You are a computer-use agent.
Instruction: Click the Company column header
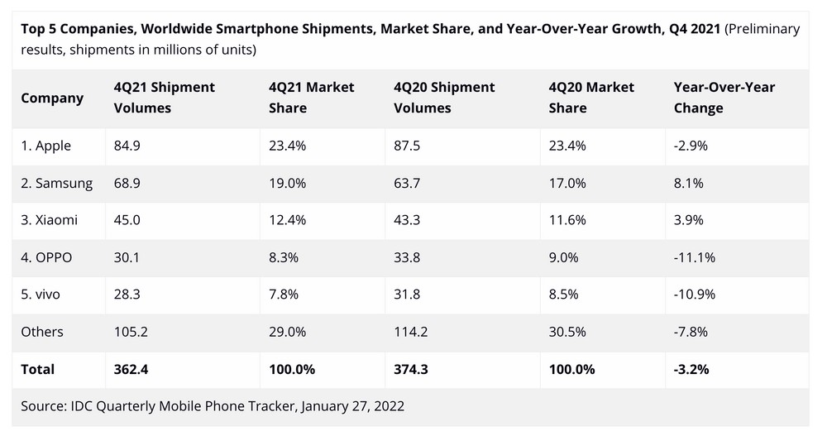point(52,98)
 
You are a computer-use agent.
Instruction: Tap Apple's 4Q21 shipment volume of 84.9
point(128,146)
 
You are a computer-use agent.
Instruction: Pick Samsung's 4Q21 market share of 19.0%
point(286,183)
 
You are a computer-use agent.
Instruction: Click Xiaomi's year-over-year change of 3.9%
point(689,220)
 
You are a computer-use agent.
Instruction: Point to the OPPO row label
point(47,257)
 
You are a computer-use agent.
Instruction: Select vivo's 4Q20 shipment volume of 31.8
point(408,295)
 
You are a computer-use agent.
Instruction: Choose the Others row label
point(42,332)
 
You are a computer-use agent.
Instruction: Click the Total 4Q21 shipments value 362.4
point(131,369)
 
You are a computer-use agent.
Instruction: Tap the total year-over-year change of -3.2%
point(692,369)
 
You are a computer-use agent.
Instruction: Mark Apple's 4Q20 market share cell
point(566,146)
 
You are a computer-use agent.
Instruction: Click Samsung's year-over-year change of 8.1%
point(689,183)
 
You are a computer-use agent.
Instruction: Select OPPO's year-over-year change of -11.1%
point(695,257)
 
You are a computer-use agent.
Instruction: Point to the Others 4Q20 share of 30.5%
point(566,332)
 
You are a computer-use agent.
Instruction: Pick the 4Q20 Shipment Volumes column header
point(444,98)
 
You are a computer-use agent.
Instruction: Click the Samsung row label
point(57,183)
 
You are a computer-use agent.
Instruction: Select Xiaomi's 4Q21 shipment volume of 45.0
point(128,220)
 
